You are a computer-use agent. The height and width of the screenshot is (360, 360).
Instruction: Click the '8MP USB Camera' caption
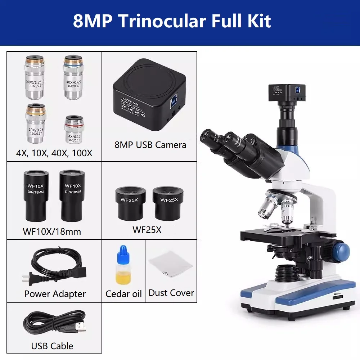click(150, 145)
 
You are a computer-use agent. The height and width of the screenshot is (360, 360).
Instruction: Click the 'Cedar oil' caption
click(123, 294)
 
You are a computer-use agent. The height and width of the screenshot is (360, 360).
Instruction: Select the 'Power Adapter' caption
click(55, 294)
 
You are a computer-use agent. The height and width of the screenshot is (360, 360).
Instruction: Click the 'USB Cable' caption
click(52, 346)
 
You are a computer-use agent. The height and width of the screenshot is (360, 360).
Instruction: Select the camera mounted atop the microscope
click(287, 93)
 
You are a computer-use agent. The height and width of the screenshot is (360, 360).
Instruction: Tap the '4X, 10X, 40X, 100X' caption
click(54, 153)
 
